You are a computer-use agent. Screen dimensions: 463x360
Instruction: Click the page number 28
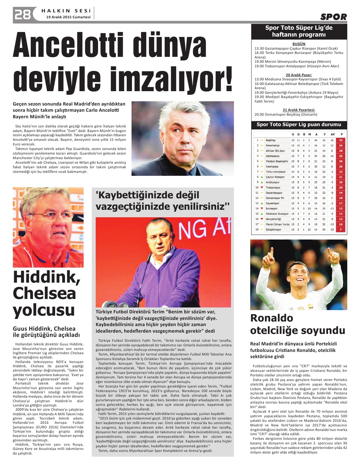22,15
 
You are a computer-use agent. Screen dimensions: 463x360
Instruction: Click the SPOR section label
333,17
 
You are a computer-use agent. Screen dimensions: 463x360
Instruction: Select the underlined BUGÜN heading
299,44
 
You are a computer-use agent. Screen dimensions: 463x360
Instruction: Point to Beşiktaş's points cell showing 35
341,140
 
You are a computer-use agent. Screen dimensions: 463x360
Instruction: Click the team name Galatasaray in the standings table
273,156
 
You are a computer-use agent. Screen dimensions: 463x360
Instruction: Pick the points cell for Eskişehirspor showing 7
341,229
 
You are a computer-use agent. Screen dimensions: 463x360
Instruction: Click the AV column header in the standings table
332,134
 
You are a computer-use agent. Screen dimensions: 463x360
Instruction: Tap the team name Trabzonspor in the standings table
273,188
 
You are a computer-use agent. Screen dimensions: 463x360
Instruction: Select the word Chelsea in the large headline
44,293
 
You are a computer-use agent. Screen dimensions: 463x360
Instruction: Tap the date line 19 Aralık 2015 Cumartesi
68,17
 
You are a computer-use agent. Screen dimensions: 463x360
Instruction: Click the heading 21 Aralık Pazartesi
299,110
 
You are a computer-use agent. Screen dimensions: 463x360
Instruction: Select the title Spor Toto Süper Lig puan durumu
299,124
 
